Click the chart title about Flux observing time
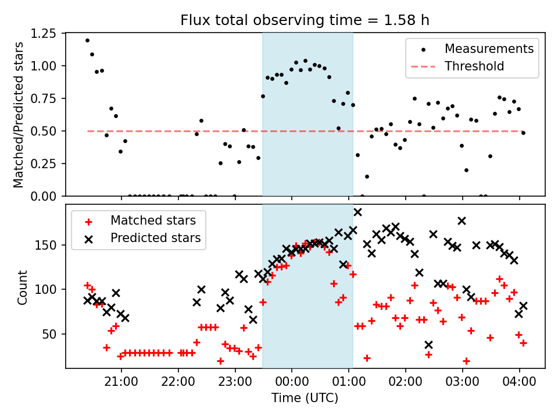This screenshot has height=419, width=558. [x=305, y=21]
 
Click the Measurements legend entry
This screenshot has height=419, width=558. [x=489, y=49]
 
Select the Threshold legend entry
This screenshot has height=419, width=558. [x=474, y=66]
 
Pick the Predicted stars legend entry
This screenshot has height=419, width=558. [x=155, y=237]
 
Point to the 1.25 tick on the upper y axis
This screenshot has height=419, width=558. [x=44, y=34]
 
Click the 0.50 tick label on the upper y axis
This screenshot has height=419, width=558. [x=44, y=132]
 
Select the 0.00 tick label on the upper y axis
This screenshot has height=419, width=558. [x=44, y=197]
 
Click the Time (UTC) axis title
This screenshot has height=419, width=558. [x=305, y=399]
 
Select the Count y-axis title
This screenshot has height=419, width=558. [x=23, y=287]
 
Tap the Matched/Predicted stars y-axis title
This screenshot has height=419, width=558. [x=19, y=115]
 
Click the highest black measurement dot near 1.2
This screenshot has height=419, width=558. [x=87, y=41]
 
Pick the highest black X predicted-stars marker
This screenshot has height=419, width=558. [x=357, y=212]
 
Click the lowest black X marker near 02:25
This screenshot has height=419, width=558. [x=428, y=345]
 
